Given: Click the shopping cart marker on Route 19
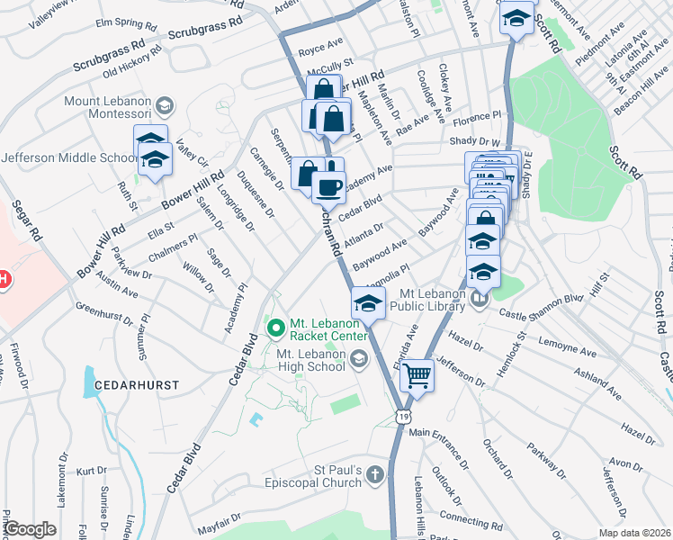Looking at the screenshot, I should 417,374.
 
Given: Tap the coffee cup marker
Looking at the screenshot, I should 328,186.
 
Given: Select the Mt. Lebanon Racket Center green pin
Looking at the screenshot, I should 277,324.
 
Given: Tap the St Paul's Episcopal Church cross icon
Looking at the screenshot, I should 375,474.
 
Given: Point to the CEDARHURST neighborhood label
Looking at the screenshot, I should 130,384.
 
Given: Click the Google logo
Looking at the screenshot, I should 30,529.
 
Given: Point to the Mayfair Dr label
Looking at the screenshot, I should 221,524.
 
